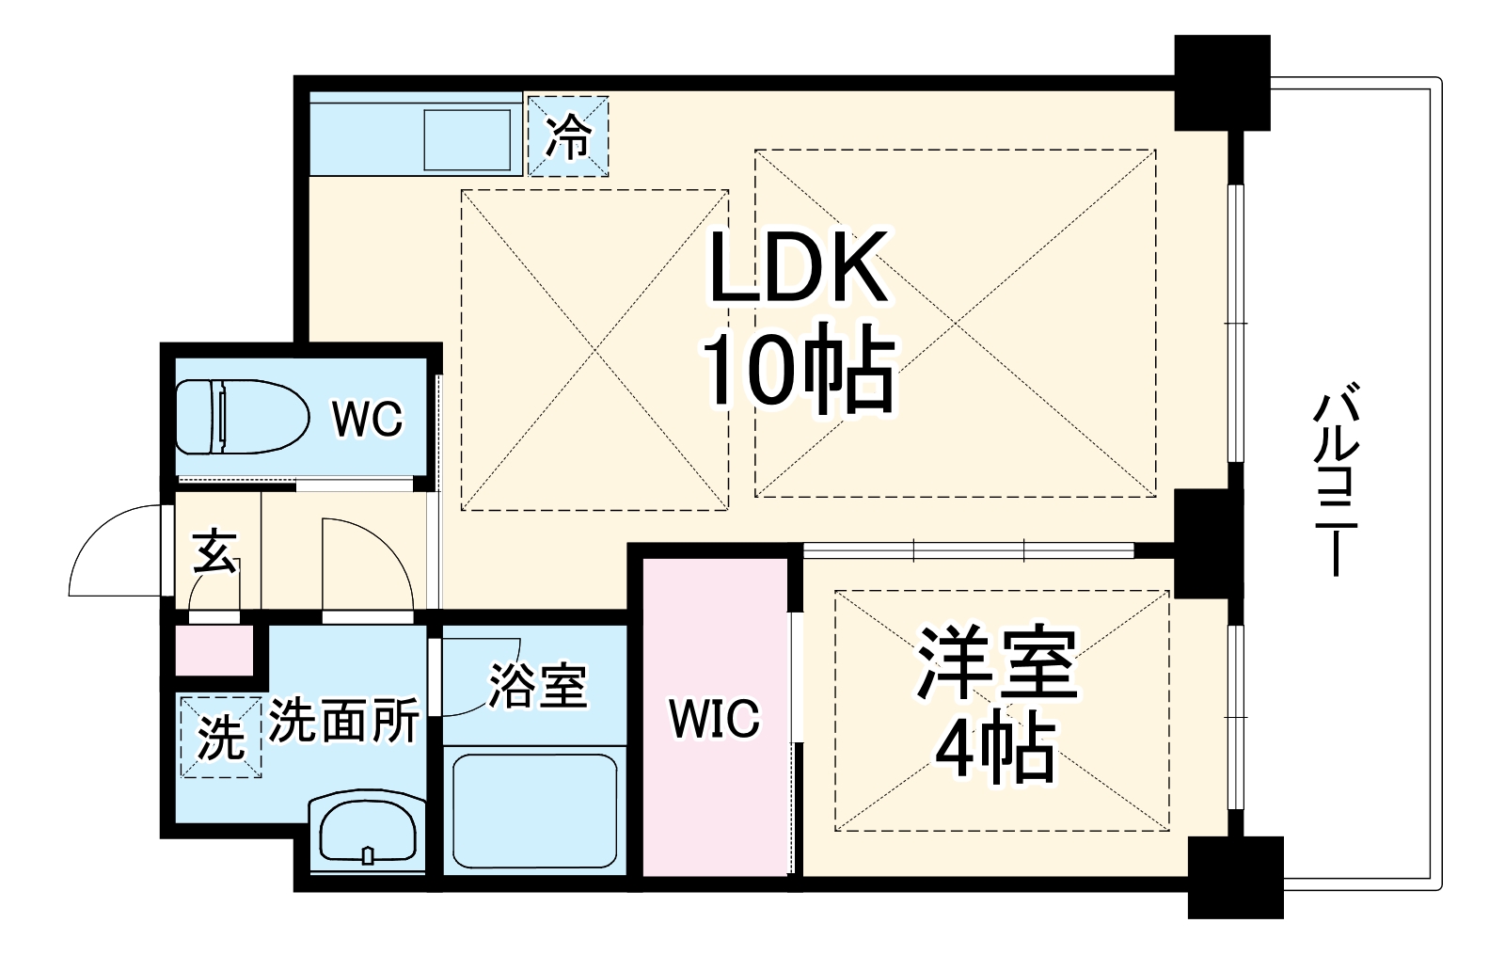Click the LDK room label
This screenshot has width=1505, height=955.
[x=799, y=268]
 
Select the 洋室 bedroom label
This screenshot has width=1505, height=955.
[x=996, y=665]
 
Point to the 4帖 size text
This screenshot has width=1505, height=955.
[x=994, y=750]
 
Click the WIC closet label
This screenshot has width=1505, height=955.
[x=714, y=720]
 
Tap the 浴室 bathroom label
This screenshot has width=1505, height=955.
[x=537, y=687]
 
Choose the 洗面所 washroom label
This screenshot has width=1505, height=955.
[x=343, y=722]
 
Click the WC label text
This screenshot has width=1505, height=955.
[x=366, y=419]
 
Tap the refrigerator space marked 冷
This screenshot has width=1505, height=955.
[x=568, y=136]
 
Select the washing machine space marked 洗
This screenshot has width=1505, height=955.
[x=220, y=737]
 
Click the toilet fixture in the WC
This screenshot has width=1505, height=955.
[x=243, y=417]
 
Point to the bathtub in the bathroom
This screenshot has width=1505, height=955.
[x=533, y=811]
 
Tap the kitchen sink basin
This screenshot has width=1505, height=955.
[x=467, y=139]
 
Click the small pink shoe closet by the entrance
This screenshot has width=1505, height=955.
[x=214, y=650]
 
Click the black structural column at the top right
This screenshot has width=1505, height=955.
[x=1222, y=82]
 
